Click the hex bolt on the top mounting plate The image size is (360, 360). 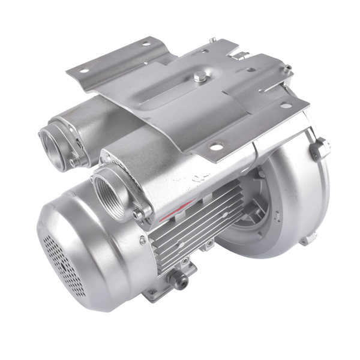click(x=199, y=76)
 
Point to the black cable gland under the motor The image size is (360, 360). click(x=178, y=278)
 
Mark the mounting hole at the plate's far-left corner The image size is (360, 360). click(x=83, y=71)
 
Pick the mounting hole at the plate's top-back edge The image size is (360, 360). click(x=146, y=44)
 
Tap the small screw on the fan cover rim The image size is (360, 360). click(x=142, y=241)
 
